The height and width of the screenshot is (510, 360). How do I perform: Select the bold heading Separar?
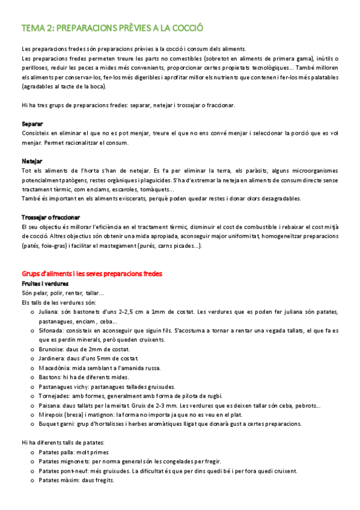point(32,123)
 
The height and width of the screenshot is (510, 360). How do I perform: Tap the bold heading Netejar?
point(32,161)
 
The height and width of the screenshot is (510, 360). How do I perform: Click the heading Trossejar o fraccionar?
point(51,217)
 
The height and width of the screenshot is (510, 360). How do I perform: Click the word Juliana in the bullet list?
point(50,312)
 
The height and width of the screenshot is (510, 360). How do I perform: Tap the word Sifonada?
point(53,330)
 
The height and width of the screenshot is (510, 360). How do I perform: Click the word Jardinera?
point(53,358)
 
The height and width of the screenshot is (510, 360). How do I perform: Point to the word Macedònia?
point(55,367)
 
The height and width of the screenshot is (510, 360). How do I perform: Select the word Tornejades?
point(55,396)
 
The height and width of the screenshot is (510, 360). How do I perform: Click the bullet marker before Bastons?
point(32,377)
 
